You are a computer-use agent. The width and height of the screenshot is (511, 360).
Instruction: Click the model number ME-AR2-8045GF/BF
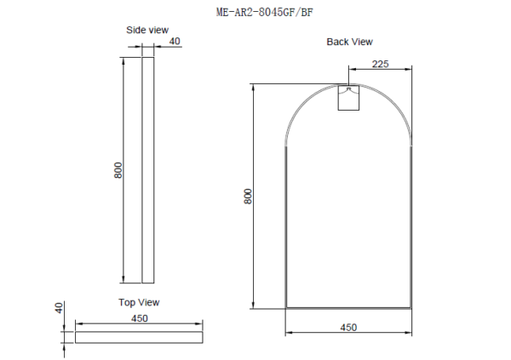255,12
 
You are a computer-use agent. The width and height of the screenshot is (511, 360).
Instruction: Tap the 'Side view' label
147,30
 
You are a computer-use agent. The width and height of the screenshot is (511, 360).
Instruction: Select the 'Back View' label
349,42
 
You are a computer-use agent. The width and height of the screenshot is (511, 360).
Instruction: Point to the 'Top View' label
139,302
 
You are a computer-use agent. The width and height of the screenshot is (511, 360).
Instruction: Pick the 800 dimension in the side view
118,170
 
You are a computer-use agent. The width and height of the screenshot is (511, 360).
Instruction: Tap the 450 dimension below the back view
348,327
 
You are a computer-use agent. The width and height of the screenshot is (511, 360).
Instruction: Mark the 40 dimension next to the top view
59,307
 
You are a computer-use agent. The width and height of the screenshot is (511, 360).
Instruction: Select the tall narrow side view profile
147,170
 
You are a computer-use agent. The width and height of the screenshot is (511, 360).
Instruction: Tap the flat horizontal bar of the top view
140,337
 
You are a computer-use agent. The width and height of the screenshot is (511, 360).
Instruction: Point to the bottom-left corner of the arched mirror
284,306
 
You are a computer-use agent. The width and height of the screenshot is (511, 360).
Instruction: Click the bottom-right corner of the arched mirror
412,306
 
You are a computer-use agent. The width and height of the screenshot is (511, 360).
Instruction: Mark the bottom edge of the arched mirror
348,306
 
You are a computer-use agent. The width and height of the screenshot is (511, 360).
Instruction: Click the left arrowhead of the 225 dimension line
351,68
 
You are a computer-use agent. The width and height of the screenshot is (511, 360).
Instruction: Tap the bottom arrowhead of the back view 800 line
254,304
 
